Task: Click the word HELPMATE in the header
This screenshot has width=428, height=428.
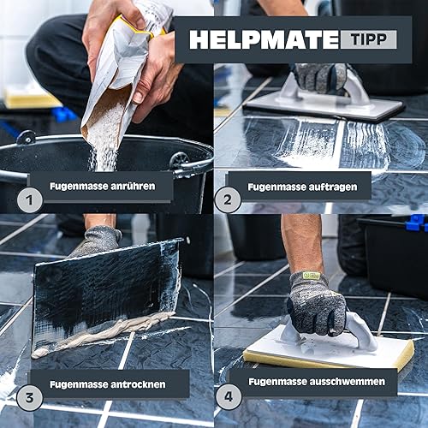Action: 265,39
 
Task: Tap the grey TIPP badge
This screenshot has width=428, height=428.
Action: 368,39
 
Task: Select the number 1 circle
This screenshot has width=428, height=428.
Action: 30,200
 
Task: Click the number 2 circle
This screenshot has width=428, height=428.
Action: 228,199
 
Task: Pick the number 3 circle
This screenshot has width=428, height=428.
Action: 30,397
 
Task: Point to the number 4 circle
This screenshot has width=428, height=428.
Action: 229,397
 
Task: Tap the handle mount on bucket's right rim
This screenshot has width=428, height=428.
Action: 179,160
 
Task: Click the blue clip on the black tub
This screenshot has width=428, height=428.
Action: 417,223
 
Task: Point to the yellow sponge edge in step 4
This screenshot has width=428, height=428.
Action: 328,360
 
